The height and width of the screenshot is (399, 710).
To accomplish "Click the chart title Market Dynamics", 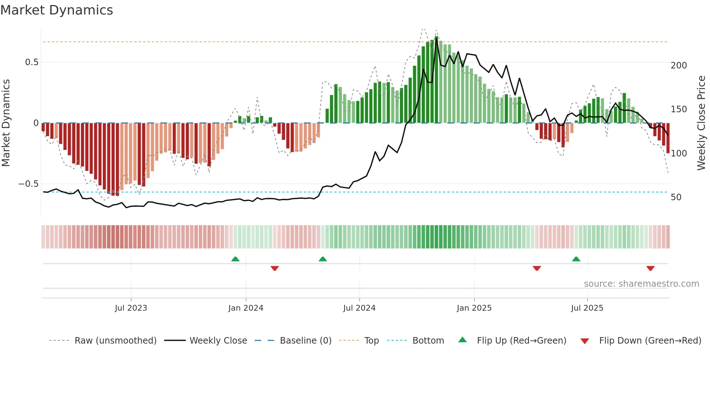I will (57, 10).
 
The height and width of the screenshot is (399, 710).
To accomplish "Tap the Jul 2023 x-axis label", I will (131, 308).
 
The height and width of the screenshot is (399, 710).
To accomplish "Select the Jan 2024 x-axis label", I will (246, 308).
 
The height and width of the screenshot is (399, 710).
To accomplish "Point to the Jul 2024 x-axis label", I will (359, 308).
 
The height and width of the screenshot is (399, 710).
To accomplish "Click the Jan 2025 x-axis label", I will (474, 308).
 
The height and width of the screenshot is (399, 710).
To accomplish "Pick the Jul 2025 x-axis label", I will (587, 308).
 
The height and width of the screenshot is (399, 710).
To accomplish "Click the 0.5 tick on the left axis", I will (32, 62).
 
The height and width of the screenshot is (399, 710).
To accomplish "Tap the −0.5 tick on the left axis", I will (28, 184).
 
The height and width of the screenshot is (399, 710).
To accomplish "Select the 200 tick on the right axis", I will (678, 66).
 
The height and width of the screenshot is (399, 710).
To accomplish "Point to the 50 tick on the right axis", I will (676, 197).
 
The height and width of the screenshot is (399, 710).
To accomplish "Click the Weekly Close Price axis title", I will (701, 123).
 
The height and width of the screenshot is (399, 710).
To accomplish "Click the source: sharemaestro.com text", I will (641, 284).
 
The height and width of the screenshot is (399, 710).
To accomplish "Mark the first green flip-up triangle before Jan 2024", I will (235, 259).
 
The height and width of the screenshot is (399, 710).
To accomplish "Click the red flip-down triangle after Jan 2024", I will (275, 268).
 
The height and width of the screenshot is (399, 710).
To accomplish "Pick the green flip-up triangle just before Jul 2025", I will (576, 259).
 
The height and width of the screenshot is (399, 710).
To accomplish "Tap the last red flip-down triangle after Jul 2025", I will (650, 268).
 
